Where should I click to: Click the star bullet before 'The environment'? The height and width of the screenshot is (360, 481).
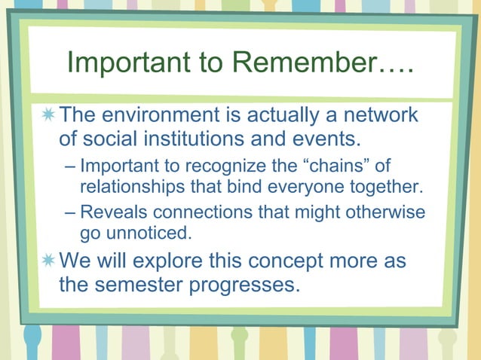(48, 115)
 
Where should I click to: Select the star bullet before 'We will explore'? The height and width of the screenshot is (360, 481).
(48, 261)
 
